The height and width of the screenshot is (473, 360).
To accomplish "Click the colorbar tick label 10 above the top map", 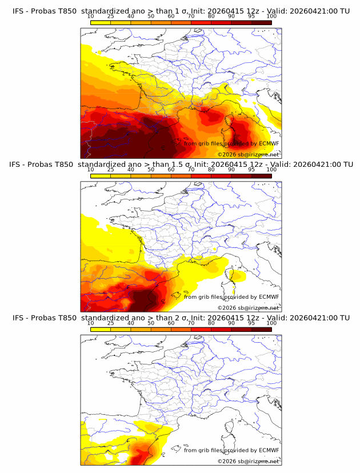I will (x=91, y=16).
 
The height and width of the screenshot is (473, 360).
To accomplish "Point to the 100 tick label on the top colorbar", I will (x=271, y=16).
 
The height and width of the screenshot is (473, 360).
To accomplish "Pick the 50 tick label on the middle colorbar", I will (x=151, y=170).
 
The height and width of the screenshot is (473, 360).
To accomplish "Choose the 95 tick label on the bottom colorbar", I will (x=251, y=323).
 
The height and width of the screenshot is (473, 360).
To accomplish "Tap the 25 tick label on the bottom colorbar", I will (x=111, y=323).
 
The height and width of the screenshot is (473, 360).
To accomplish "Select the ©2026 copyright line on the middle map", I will (x=248, y=307).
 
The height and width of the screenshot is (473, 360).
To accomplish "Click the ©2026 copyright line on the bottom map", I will (x=248, y=461).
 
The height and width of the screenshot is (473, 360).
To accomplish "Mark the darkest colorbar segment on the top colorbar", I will (x=262, y=22).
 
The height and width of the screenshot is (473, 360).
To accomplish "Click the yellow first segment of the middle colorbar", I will (x=101, y=175).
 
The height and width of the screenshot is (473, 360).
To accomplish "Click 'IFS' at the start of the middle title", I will (x=18, y=165).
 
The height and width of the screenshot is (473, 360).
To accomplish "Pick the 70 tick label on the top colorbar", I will (x=191, y=16).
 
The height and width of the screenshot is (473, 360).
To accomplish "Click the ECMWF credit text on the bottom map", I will (x=231, y=450).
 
